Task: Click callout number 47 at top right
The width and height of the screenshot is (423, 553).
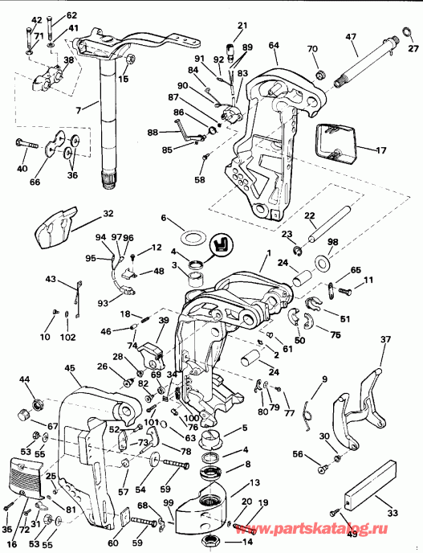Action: coord(352,37)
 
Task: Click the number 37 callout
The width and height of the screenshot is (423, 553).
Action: coord(385,339)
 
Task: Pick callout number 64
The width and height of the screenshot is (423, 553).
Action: coord(274,46)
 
